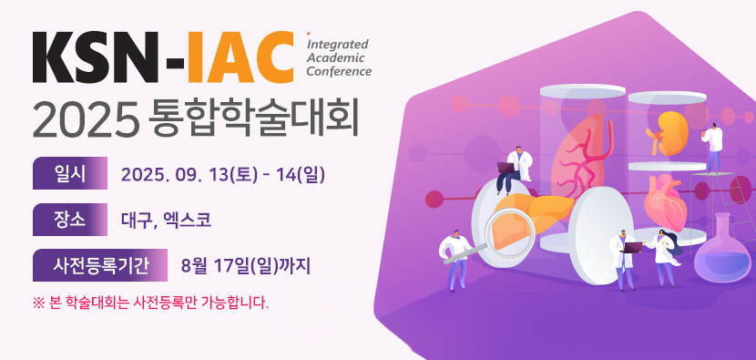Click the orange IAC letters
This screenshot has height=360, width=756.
pos(240,57)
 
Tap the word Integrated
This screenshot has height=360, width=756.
pos(338,45)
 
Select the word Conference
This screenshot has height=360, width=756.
pos(340,71)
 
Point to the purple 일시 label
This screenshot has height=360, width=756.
pos(70,173)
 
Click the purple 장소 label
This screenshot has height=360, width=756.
pos(70,220)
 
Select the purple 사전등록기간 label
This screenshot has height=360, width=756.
pos(100,265)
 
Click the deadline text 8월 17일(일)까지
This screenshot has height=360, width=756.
pos(245,265)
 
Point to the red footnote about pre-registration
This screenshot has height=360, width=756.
pos(150,304)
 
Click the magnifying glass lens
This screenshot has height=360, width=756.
pos(510,235)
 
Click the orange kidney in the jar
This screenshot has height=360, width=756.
pos(668,133)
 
